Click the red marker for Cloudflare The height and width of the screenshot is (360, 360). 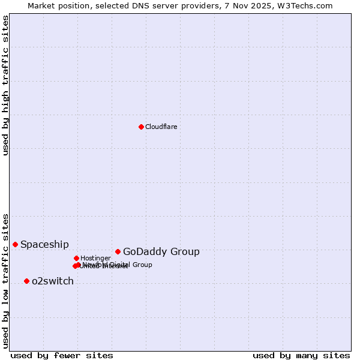point(141,127)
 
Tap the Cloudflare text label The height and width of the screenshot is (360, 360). point(161,127)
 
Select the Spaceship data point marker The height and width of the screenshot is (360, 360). point(15,244)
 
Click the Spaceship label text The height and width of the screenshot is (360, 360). point(44,244)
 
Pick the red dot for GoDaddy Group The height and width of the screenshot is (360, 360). point(118,251)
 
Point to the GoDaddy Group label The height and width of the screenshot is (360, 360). point(161,251)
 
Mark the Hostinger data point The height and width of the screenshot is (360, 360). point(76,258)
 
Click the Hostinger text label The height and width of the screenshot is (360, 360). point(95,258)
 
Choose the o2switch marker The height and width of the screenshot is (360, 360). point(26,281)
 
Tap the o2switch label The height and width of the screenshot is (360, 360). point(53,281)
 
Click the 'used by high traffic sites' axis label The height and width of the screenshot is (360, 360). point(5,86)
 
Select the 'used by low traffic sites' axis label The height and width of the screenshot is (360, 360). point(5,280)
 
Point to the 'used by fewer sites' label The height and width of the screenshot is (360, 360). point(62,355)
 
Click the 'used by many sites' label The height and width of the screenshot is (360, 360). point(301,355)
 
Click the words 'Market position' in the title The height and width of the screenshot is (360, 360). point(55,5)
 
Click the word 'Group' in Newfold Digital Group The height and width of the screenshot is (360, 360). point(142,265)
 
